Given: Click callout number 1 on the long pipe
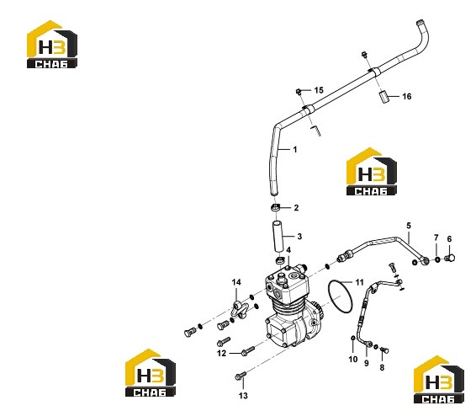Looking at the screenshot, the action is pos(295,150).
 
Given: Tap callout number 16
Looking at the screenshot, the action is pos(407,96).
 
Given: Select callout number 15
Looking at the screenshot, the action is pos(319,90).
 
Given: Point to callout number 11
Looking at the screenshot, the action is pos(359,282).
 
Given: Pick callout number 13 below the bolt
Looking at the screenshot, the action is pos(243,396).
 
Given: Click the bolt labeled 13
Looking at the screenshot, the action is pos(241,376).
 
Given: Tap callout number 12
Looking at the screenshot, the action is pos(222,353).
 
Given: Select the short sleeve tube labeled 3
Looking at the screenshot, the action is pos(279,237).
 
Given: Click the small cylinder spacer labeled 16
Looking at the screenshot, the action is pos(384,96).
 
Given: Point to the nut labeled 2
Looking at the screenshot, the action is pos(275,209).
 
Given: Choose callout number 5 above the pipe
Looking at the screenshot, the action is pos(409,226).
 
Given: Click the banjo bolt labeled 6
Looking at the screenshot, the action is pos(450,259).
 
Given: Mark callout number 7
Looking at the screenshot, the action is pos(436,238).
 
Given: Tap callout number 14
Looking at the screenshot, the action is pos(236,282).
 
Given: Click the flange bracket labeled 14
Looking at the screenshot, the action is pos(240,309).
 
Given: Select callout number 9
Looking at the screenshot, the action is pos(367,363).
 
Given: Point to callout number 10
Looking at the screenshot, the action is pos(352,360).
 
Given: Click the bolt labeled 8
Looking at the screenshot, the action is pos(384,350).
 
